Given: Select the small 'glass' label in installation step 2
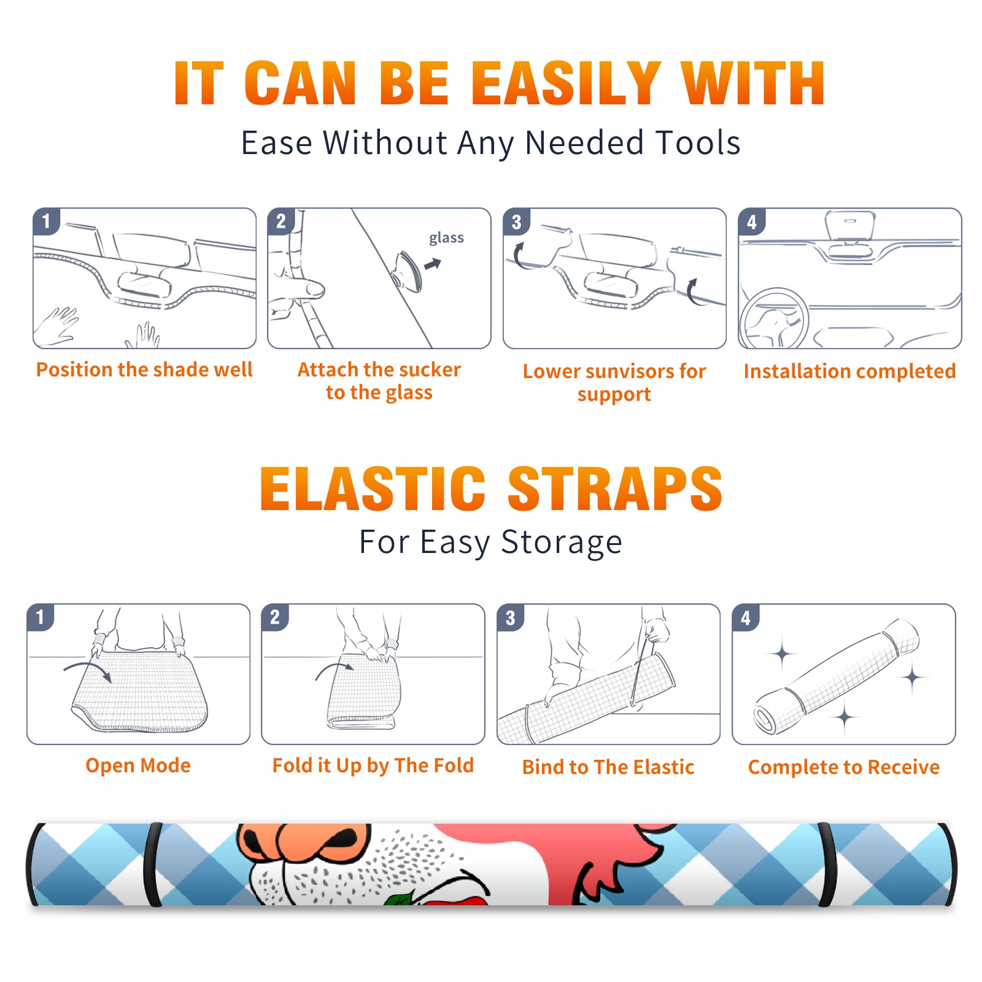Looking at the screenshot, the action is click(x=446, y=238).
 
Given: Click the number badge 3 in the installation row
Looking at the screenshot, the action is click(x=516, y=222).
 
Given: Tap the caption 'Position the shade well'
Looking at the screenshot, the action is click(x=144, y=369).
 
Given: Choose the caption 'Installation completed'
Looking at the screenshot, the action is click(x=849, y=371).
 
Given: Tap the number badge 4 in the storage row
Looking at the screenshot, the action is click(x=746, y=618).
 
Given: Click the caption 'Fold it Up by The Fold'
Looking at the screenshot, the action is click(x=373, y=765).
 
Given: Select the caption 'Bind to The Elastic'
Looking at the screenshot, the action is click(x=608, y=767).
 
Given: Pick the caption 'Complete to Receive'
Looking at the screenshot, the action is click(x=844, y=767).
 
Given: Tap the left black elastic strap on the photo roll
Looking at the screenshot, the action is click(x=152, y=864).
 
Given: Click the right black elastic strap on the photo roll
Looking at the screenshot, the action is click(x=828, y=864).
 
